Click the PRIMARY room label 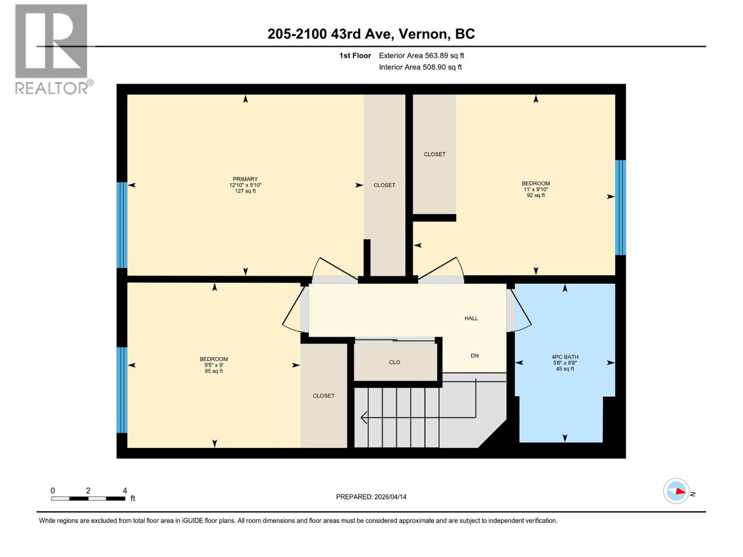click(x=245, y=179)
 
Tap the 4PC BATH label click(x=565, y=357)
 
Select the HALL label click(x=471, y=318)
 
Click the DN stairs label click(x=475, y=356)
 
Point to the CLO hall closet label click(x=394, y=363)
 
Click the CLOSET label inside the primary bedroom click(x=384, y=185)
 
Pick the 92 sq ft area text click(x=535, y=195)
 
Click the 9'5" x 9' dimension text click(x=214, y=365)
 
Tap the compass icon click(x=676, y=491)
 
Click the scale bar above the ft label click(x=88, y=499)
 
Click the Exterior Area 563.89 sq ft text click(x=421, y=56)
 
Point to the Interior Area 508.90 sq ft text click(x=420, y=67)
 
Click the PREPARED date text click(x=371, y=497)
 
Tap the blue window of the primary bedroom click(x=122, y=225)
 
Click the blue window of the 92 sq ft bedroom click(x=620, y=207)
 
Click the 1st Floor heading click(x=355, y=56)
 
